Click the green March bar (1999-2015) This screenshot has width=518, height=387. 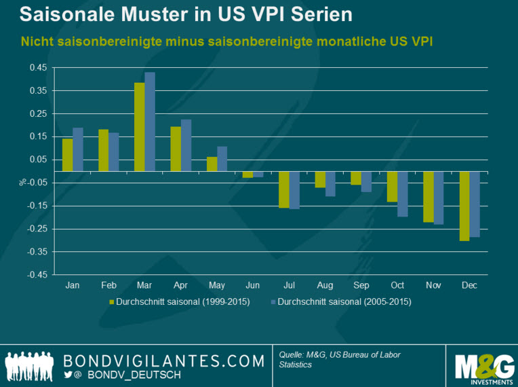139,127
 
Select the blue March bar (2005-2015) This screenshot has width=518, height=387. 150,122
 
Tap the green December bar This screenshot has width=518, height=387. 464,206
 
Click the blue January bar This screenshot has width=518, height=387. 78,149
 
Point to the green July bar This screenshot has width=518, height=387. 284,189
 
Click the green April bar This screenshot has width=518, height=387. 176,149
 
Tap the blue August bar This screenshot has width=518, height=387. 331,184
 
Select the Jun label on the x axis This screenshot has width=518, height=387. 253,286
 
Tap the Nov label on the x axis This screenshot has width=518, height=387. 433,286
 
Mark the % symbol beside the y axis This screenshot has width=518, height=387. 22,181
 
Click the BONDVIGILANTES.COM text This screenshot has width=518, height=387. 163,359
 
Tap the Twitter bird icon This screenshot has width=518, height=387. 68,374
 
